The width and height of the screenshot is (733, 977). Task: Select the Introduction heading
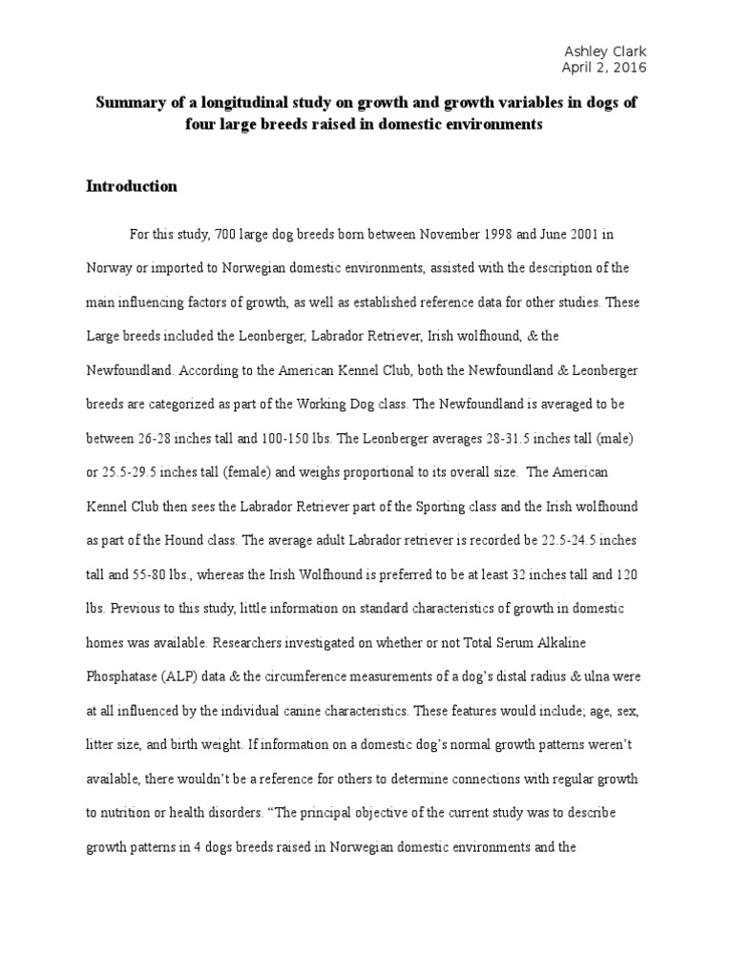133,186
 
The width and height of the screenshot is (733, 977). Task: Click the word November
442,235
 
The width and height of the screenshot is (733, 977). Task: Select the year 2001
576,235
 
